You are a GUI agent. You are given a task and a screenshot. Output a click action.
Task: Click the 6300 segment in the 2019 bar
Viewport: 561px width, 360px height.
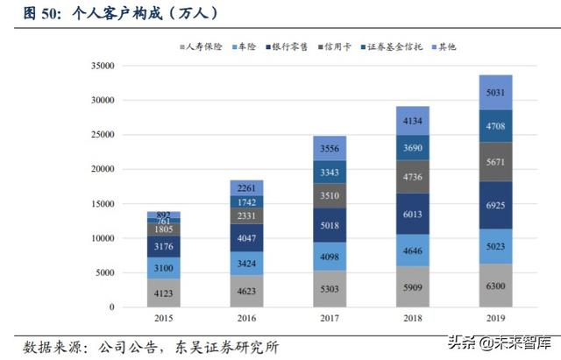click(x=496, y=286)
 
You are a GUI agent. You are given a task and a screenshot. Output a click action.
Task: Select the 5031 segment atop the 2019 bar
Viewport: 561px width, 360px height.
click(x=496, y=92)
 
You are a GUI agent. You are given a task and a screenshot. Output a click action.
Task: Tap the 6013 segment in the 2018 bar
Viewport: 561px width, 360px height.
click(x=413, y=214)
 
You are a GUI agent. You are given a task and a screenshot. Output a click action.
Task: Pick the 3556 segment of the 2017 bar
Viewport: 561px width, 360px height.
click(x=330, y=148)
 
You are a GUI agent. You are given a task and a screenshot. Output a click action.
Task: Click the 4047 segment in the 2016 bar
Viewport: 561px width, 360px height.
click(x=247, y=237)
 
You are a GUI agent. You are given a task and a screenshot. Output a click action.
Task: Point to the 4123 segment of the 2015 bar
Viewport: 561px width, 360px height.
click(x=164, y=293)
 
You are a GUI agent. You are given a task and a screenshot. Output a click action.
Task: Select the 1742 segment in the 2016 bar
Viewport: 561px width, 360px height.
click(x=247, y=201)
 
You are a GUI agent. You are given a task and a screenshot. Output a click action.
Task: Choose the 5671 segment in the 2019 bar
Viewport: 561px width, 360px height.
click(x=496, y=162)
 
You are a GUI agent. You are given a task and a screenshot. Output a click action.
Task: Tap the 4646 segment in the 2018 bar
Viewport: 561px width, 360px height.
click(x=413, y=251)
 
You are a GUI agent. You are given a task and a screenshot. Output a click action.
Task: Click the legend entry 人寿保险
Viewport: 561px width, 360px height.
click(x=204, y=46)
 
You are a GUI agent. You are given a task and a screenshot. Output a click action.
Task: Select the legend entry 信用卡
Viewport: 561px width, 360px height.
click(x=337, y=46)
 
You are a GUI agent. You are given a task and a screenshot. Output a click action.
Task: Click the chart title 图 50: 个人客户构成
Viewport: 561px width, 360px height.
click(x=114, y=13)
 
